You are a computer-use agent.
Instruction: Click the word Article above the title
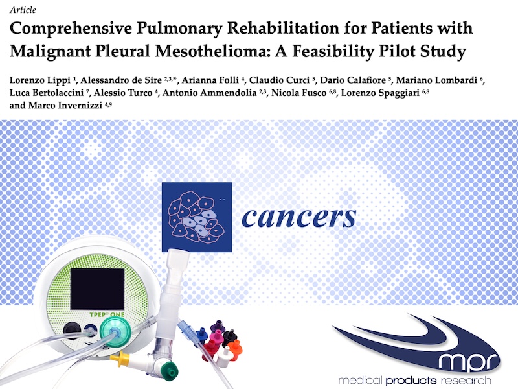click(x=23, y=10)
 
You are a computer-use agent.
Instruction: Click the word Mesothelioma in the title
click(x=212, y=51)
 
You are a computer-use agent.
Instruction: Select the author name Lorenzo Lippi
click(x=40, y=80)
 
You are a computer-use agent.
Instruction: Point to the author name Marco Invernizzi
click(x=65, y=105)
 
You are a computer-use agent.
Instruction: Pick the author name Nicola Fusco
click(x=299, y=93)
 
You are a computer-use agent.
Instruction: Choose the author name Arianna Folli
click(x=210, y=80)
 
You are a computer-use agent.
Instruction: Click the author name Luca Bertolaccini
click(x=47, y=93)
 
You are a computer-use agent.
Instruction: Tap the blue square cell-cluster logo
click(x=197, y=217)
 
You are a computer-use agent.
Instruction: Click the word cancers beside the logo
click(x=299, y=217)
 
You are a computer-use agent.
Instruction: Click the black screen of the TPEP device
click(x=98, y=289)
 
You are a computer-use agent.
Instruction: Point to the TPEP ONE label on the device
click(x=107, y=314)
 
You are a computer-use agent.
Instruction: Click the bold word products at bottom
click(x=411, y=381)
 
